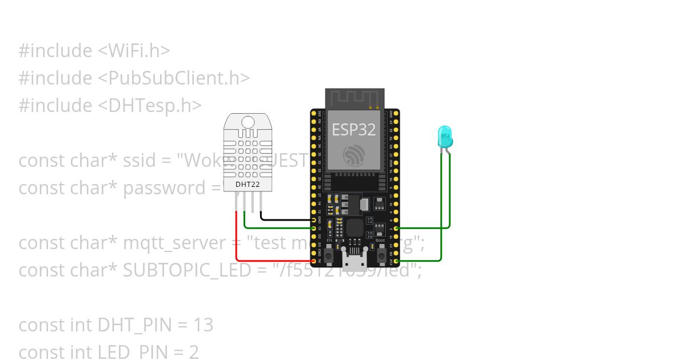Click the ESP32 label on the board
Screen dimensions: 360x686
[x=354, y=129]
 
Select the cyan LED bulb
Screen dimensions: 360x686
[x=445, y=136]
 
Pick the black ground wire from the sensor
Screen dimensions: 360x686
[x=286, y=219]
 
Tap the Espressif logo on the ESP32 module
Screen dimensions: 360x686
[x=354, y=155]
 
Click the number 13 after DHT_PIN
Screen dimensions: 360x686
[x=204, y=325]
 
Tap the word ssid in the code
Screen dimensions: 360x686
[x=138, y=160]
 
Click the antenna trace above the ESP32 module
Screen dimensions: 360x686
[x=354, y=98]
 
